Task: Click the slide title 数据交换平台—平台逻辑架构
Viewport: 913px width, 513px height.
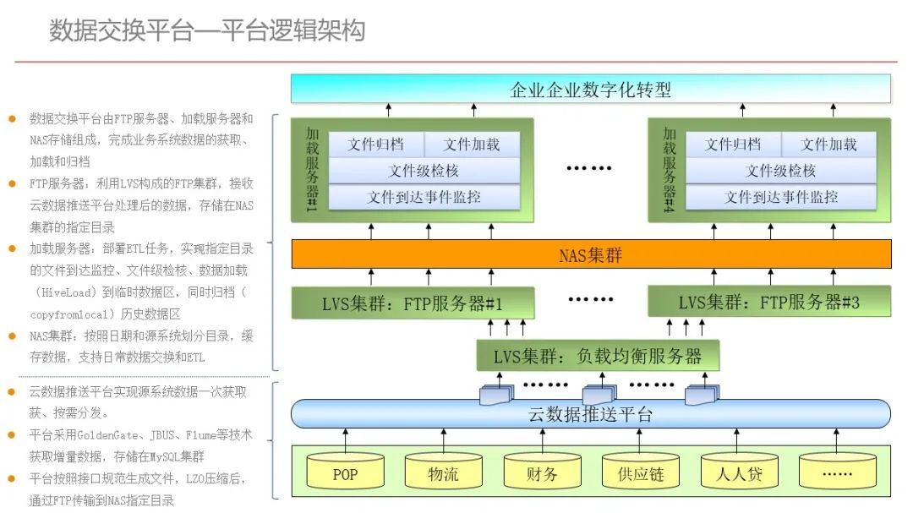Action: (x=207, y=31)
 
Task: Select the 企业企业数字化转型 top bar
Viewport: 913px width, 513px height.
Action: (x=590, y=90)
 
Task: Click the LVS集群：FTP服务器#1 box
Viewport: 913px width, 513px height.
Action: (x=413, y=303)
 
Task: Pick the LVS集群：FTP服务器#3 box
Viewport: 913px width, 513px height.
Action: (x=768, y=303)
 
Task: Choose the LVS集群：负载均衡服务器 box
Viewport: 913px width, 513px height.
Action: (x=597, y=356)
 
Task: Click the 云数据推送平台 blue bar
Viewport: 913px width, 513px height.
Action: (x=590, y=414)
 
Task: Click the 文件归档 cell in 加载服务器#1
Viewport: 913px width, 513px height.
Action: (x=376, y=145)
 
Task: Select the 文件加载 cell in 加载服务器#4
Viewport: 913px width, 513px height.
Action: (x=828, y=145)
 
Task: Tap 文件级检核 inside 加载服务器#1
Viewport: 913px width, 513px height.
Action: (x=424, y=171)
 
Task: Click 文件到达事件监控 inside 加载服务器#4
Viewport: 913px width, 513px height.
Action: (x=780, y=197)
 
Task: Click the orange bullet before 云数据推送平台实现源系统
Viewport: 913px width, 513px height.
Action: (x=12, y=391)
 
